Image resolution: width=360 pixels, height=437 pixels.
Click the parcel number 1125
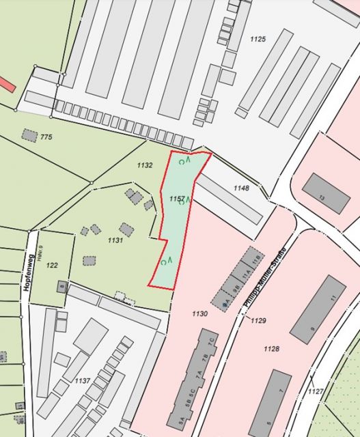[258, 39]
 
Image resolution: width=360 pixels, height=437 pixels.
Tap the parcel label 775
[46, 137]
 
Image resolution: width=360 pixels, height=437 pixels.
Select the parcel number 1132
[144, 165]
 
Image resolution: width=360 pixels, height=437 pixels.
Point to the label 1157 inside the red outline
[177, 199]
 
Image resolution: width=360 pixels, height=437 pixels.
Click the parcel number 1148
[241, 188]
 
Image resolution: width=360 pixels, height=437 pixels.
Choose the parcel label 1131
[115, 240]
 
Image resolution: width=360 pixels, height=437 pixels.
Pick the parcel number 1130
[199, 313]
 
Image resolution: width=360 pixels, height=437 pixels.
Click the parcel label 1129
[258, 320]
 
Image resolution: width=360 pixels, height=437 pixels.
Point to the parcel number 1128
[271, 349]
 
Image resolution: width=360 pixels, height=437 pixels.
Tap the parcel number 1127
[315, 391]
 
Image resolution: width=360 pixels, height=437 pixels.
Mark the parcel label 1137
[83, 380]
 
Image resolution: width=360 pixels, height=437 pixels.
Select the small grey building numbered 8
[61, 287]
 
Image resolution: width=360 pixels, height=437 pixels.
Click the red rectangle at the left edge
[5, 85]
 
